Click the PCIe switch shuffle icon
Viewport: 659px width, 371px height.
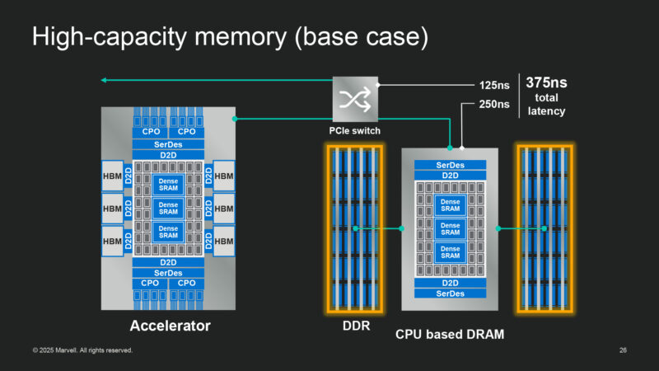[355, 99]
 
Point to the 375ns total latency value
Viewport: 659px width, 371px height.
[546, 82]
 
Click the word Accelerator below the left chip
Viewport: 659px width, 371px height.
[170, 326]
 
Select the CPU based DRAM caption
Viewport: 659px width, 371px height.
[449, 334]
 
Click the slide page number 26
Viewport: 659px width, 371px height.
[623, 351]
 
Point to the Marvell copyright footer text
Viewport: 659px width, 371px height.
[82, 351]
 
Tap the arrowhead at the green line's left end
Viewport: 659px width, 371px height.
[104, 80]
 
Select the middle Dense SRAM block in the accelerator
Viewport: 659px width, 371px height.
[168, 209]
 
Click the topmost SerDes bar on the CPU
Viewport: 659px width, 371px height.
[449, 165]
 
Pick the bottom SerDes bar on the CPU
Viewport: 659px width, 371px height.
[449, 294]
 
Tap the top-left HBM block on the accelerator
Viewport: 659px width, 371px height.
[112, 176]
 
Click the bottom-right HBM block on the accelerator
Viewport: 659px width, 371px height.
[225, 241]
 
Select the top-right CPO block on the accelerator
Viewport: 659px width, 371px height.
[186, 131]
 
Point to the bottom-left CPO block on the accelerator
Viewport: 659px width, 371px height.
[150, 283]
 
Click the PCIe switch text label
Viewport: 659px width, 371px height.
[355, 129]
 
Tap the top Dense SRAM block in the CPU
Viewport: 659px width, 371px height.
[450, 205]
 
